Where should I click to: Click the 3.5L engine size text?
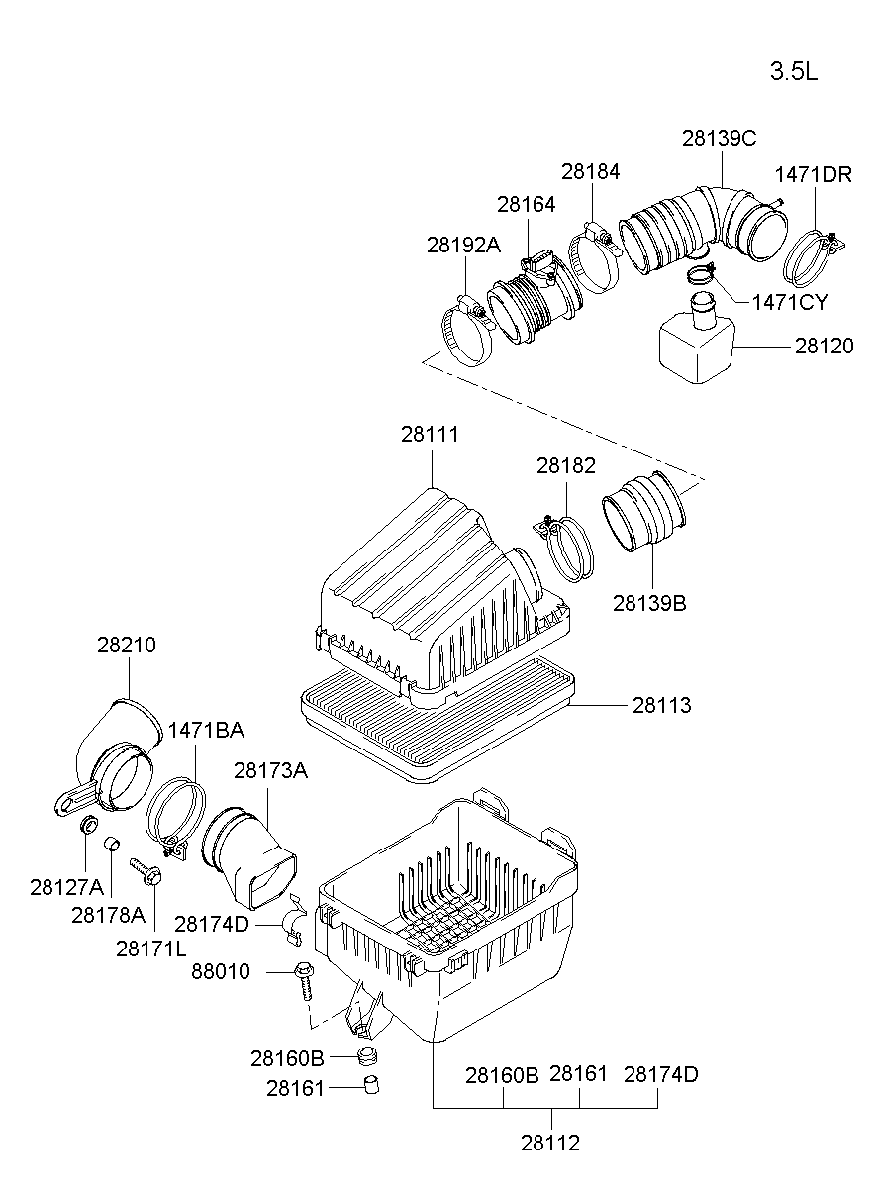794,72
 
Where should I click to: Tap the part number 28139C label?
719,138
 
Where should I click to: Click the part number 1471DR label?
812,174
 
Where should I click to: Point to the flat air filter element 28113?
436,718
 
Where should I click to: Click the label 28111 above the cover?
430,433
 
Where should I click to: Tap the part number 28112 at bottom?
549,1143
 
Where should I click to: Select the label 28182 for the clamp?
565,464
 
